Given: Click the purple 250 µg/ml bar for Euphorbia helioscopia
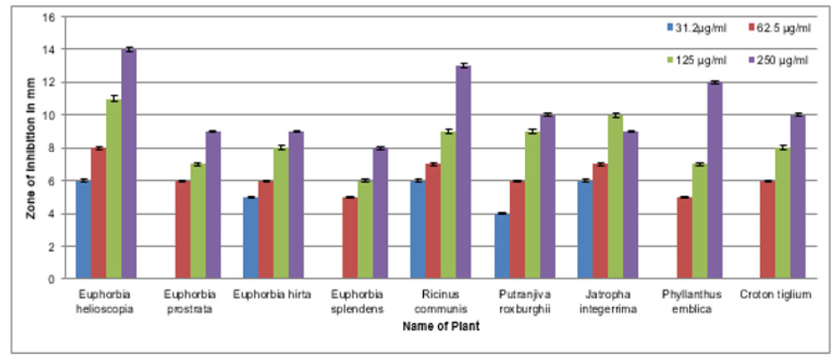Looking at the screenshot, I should pos(129,164).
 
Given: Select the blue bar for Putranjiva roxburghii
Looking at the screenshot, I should pos(502,246).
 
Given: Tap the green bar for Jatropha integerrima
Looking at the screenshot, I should pos(615,197).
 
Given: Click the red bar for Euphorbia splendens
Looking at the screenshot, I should pos(349,238).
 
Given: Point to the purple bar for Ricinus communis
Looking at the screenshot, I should pos(463,173).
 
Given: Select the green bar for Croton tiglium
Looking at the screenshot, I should pos(782,213).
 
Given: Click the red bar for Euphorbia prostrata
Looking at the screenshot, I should pos(182,230).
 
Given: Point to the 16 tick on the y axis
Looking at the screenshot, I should pos(52,17).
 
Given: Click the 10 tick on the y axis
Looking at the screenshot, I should pos(52,115).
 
